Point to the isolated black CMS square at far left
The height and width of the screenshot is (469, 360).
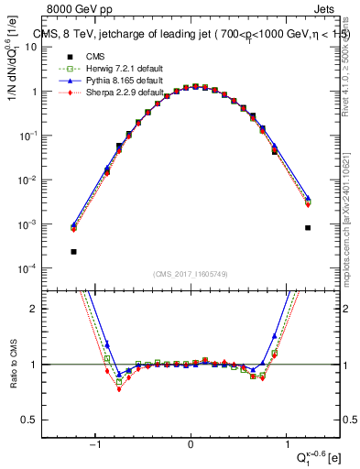[x=73, y=251]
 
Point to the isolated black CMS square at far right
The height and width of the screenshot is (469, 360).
[x=308, y=227]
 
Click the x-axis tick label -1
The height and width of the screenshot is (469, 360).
[x=94, y=445]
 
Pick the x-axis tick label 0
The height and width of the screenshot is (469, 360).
[x=191, y=445]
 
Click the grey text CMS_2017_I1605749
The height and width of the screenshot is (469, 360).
[x=190, y=275]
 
